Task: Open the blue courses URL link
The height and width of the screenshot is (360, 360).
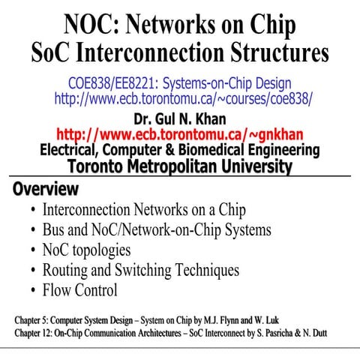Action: click(x=183, y=97)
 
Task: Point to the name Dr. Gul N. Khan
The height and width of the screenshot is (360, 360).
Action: click(x=180, y=118)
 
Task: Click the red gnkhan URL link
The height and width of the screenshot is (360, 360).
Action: click(x=180, y=134)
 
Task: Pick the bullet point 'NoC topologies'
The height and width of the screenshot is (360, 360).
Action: click(x=86, y=250)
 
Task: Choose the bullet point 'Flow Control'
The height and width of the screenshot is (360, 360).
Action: click(x=80, y=290)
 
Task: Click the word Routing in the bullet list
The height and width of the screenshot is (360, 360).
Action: click(x=65, y=270)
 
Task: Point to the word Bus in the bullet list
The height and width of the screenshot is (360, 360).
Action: click(x=55, y=229)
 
